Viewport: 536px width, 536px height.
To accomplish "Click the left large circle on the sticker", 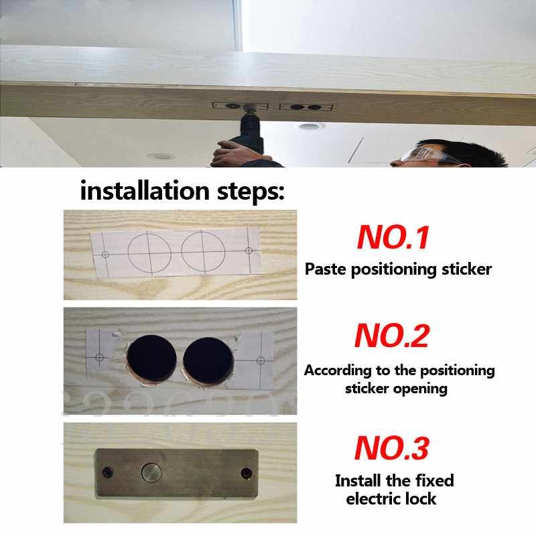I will coord(149,253).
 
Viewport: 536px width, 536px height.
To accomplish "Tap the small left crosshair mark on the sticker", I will coord(104,255).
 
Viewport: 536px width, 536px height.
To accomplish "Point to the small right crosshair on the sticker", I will coord(249,250).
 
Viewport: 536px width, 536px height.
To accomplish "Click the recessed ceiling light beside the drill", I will coord(310,127).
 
